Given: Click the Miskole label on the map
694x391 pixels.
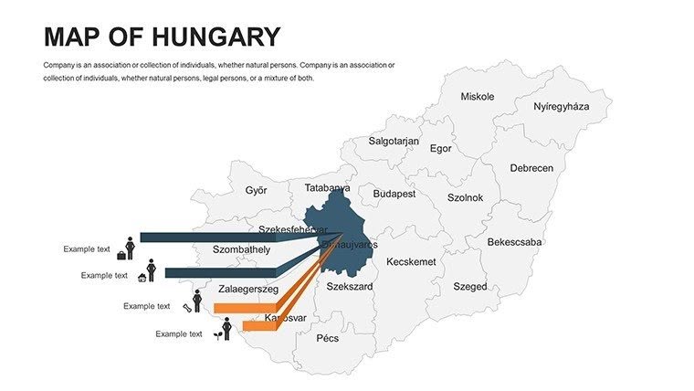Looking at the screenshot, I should point(477,97).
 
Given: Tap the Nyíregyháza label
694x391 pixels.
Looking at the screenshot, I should point(561,107).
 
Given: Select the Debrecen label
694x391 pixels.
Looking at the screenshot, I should point(531,169).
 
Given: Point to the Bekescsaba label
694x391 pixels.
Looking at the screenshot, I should point(514,243).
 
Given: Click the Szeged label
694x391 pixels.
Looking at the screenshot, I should point(470,287).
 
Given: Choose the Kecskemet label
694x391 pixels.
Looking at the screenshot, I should point(411,262).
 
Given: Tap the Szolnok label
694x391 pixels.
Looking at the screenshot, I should point(465,197).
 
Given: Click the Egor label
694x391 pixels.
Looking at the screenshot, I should point(440,149).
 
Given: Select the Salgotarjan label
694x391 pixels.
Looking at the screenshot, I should point(394,142).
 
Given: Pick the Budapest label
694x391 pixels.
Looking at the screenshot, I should point(394,195).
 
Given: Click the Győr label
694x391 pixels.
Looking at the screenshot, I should point(256,191).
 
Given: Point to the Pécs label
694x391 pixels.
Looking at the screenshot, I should point(327,338).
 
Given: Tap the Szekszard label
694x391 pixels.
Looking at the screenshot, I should point(350,287).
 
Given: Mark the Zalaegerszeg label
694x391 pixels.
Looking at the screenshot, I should point(247,290).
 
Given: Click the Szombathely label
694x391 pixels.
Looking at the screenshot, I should point(241,249).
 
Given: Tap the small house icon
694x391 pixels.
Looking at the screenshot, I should point(142,277).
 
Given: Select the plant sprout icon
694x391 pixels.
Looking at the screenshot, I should point(216,335).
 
